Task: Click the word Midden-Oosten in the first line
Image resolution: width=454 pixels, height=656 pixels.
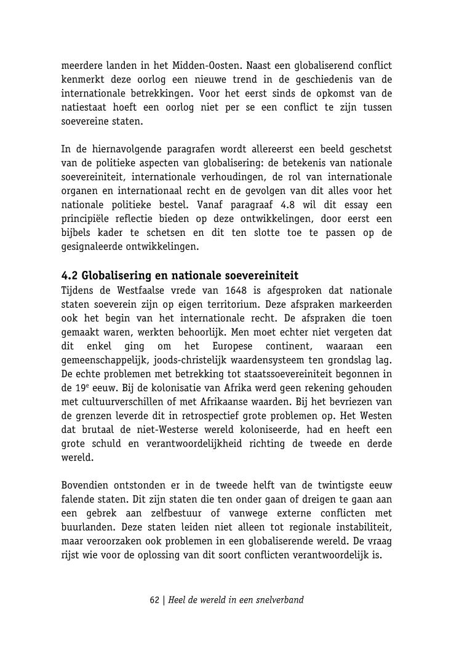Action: coord(202,66)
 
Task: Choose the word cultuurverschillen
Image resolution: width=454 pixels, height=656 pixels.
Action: coord(125,402)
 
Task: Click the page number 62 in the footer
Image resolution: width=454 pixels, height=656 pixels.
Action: coord(155,599)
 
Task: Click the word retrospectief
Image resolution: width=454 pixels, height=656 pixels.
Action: coord(208,416)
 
